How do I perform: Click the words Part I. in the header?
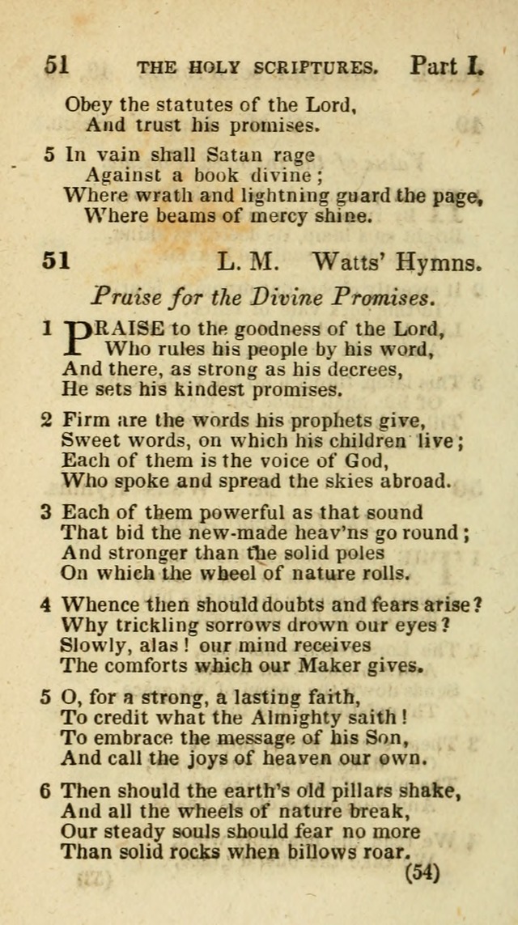pos(446,66)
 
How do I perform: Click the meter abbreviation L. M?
pos(248,261)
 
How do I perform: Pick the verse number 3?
pos(46,512)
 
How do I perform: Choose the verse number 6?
pos(46,790)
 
